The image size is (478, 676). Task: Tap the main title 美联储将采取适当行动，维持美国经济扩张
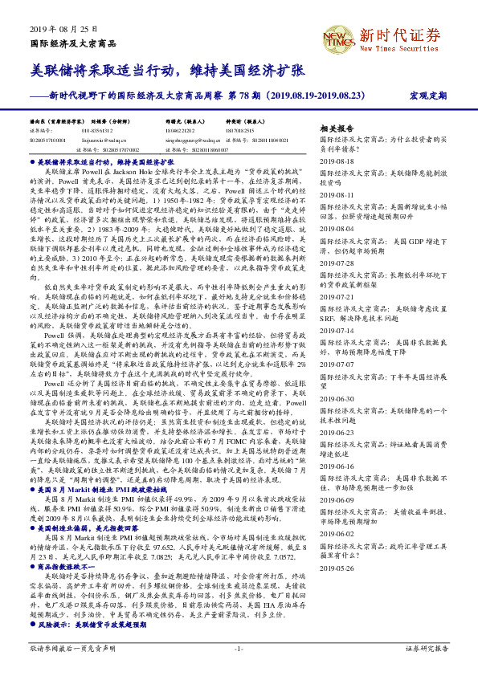pos(166,71)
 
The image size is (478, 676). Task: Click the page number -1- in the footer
pos(238,648)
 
